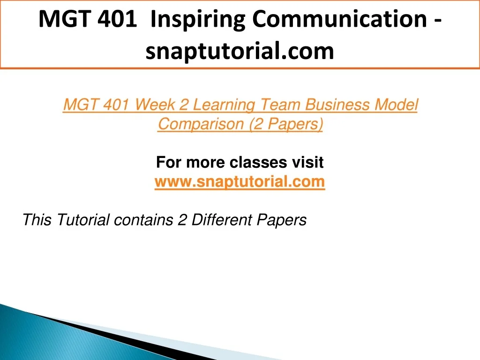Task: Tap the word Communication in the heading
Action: [339, 19]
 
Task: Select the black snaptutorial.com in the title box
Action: [240, 51]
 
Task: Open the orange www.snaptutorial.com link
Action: [240, 182]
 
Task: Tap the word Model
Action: [397, 105]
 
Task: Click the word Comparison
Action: [201, 124]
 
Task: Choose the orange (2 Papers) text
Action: [286, 124]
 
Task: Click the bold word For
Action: [169, 162]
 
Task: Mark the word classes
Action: [258, 162]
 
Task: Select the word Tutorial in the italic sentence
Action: [83, 220]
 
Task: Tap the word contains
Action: [143, 220]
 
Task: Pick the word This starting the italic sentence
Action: [37, 220]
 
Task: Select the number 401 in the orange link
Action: [116, 105]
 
